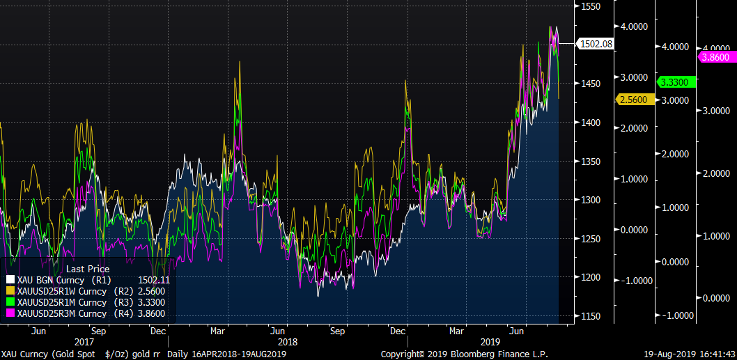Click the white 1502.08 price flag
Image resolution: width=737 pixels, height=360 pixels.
pos(595,44)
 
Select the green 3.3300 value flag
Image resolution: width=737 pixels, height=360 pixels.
pos(674,82)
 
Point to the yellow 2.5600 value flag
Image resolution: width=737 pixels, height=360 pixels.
pos(633,100)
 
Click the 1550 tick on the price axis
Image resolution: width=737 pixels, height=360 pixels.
pos(591,6)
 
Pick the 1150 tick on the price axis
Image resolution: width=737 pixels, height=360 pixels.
pos(591,316)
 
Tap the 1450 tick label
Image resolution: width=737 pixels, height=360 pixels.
pos(591,84)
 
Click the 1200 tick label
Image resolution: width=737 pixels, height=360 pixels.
pos(591,277)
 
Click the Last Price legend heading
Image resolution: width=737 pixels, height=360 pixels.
pos(87,268)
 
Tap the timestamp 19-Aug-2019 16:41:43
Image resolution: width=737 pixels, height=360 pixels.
pos(688,354)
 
